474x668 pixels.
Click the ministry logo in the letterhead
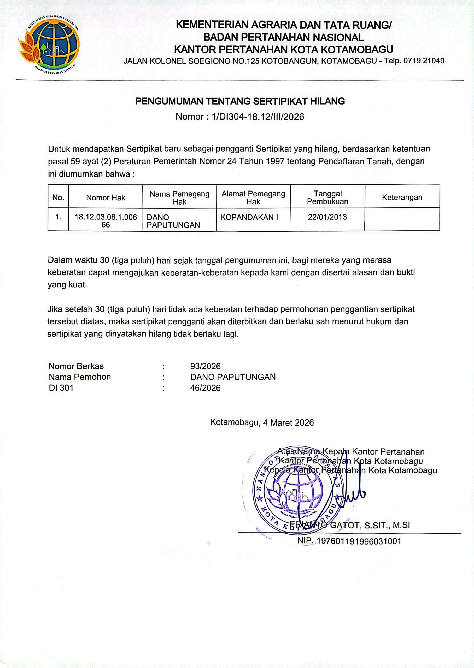pyautogui.click(x=49, y=44)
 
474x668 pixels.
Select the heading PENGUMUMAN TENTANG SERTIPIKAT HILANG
pyautogui.click(x=240, y=101)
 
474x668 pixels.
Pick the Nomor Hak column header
pyautogui.click(x=106, y=198)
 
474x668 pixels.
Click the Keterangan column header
pyautogui.click(x=402, y=197)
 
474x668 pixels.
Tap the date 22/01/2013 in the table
pyautogui.click(x=327, y=217)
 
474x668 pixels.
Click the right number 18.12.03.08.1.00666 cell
pyautogui.click(x=106, y=221)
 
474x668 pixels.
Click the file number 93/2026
pyautogui.click(x=205, y=366)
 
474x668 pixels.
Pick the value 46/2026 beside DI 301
pyautogui.click(x=205, y=388)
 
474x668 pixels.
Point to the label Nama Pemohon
pyautogui.click(x=80, y=377)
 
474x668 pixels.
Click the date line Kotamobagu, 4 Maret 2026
pyautogui.click(x=262, y=422)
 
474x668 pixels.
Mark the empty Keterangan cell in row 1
pyautogui.click(x=402, y=219)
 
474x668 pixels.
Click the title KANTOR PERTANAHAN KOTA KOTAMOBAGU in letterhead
pyautogui.click(x=283, y=49)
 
